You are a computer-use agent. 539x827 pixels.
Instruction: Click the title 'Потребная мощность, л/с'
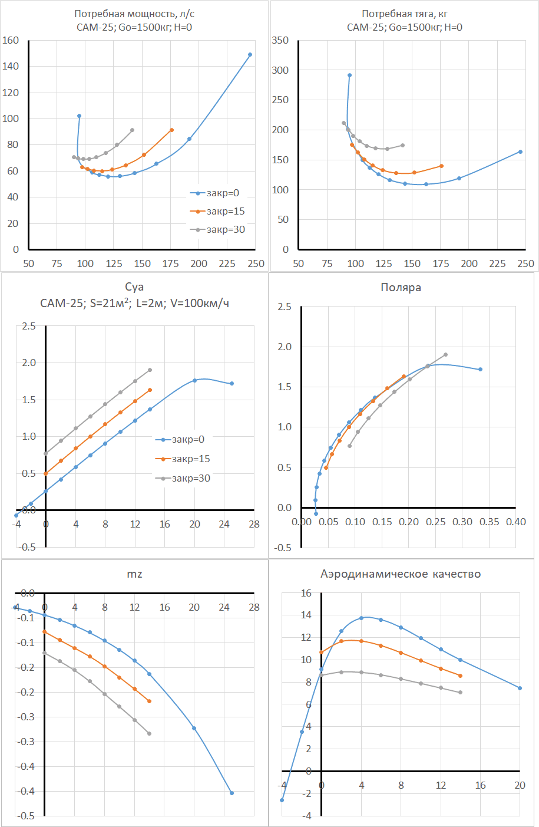pos(134,14)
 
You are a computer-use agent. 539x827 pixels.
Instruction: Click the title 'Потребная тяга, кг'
pos(405,14)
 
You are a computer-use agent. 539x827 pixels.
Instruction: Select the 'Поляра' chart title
pos(401,288)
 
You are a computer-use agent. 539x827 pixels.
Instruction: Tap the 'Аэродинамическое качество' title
pos(401,574)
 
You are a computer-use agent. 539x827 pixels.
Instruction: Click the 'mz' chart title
pos(134,574)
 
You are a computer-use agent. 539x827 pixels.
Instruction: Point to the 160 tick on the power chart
pos(11,41)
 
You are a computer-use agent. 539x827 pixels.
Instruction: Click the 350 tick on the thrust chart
pos(280,41)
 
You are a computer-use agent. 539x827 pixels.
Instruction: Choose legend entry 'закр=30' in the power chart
pos(226,229)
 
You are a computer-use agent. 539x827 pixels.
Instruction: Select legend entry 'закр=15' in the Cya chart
pos(191,459)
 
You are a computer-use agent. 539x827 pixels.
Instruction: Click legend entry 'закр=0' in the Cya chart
pos(188,439)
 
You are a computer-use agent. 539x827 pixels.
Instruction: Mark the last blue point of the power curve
pos(250,55)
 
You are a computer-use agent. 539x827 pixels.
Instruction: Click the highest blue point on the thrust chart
pos(349,75)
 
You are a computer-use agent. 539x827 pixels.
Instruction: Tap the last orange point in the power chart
pos(171,130)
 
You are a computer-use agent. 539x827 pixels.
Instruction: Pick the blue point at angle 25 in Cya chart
pos(232,384)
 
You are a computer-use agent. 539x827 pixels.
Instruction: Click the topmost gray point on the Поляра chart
pos(445,355)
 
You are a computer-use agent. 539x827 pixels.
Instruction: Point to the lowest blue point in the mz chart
pos(232,793)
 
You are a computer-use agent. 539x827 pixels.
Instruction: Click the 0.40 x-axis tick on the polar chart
pos(516,522)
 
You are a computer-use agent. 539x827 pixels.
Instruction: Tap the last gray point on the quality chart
pos(460,693)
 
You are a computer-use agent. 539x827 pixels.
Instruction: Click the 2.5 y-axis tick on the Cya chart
pos(29,326)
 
